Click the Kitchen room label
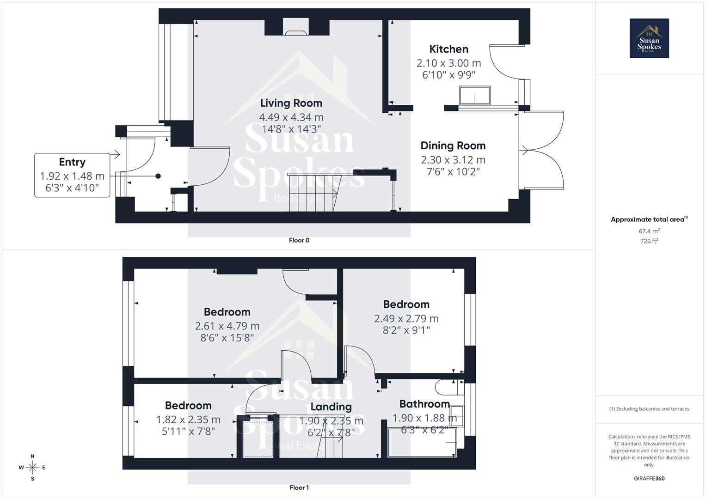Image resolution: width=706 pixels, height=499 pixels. (x=448, y=49)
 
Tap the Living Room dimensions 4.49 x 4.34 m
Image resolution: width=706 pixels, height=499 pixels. (x=291, y=117)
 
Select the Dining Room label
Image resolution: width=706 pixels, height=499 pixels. (x=453, y=146)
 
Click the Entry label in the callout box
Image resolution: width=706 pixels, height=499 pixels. (x=72, y=162)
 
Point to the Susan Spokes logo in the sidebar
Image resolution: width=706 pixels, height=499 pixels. (x=649, y=38)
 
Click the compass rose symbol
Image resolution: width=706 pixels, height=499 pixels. (x=32, y=468)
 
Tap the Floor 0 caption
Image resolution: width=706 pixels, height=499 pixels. (x=299, y=240)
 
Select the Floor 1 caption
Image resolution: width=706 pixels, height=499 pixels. (x=299, y=487)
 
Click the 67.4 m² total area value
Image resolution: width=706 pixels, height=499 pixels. (x=649, y=231)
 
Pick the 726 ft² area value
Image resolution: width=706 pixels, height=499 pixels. (x=649, y=241)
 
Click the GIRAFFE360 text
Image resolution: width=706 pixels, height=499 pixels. (x=649, y=479)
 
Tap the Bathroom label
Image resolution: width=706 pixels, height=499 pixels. (x=424, y=404)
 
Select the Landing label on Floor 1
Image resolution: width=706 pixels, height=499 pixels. (x=331, y=407)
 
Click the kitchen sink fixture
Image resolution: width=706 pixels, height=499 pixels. (x=475, y=95)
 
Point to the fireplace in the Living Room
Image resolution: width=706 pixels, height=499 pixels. (x=296, y=31)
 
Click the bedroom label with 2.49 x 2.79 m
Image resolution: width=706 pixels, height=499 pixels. (x=406, y=304)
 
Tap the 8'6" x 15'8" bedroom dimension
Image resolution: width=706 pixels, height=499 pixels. (x=227, y=338)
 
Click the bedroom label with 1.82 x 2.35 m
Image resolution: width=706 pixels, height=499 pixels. (x=188, y=406)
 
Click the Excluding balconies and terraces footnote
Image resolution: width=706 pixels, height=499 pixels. (x=649, y=409)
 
